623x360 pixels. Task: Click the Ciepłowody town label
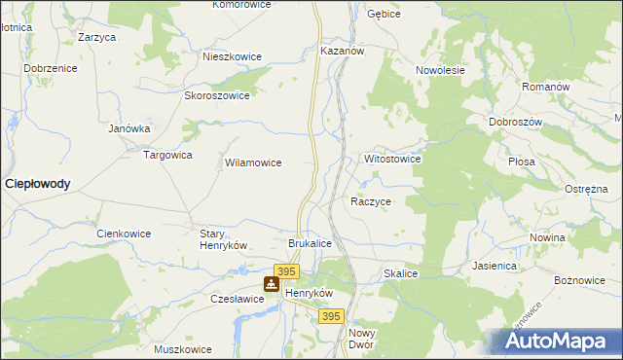37,183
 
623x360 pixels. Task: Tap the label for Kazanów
342,50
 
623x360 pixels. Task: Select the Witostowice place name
391,159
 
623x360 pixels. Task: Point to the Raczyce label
370,201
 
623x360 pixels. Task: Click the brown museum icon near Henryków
271,285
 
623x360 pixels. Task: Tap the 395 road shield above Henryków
285,271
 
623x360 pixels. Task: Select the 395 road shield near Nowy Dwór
332,317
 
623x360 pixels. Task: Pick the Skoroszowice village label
217,96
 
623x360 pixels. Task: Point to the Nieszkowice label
232,56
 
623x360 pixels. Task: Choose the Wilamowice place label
253,163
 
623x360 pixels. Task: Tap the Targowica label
168,155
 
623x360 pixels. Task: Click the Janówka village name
128,127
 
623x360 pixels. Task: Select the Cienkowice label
122,234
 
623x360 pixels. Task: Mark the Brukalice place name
311,243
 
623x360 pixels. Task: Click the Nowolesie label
440,71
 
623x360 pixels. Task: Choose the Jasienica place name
495,265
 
